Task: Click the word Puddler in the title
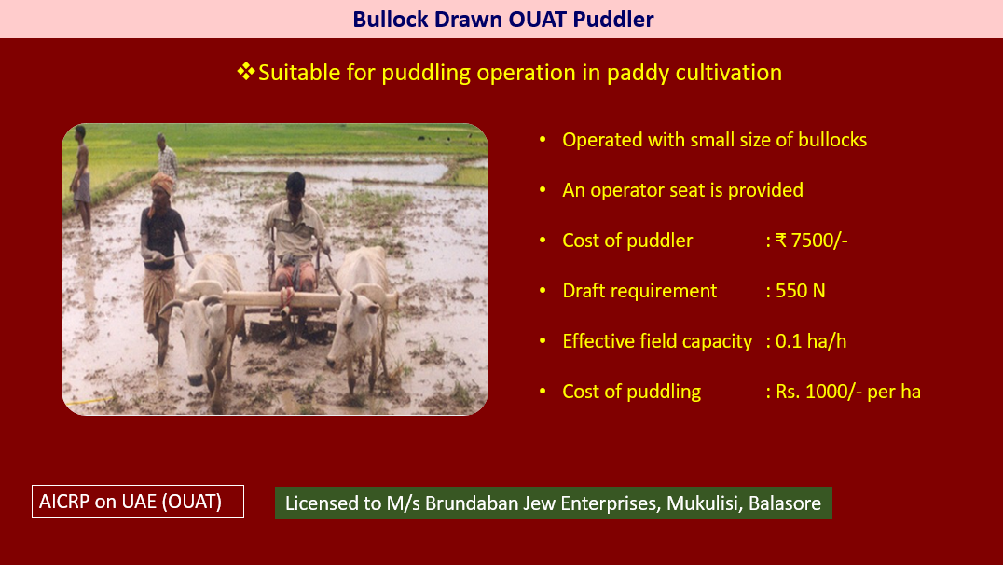pyautogui.click(x=613, y=20)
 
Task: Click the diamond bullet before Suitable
pyautogui.click(x=246, y=71)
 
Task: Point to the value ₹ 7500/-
pyautogui.click(x=812, y=240)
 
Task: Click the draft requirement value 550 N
pyautogui.click(x=800, y=291)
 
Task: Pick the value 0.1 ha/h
pyautogui.click(x=810, y=341)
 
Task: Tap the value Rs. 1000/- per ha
pyautogui.click(x=848, y=392)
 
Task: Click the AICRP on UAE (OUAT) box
pyautogui.click(x=138, y=502)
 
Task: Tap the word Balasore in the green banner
pyautogui.click(x=784, y=503)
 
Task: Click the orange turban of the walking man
pyautogui.click(x=162, y=184)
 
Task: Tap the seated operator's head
pyautogui.click(x=295, y=186)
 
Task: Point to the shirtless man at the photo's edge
pyautogui.click(x=81, y=178)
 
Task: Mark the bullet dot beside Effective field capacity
pyautogui.click(x=543, y=341)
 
